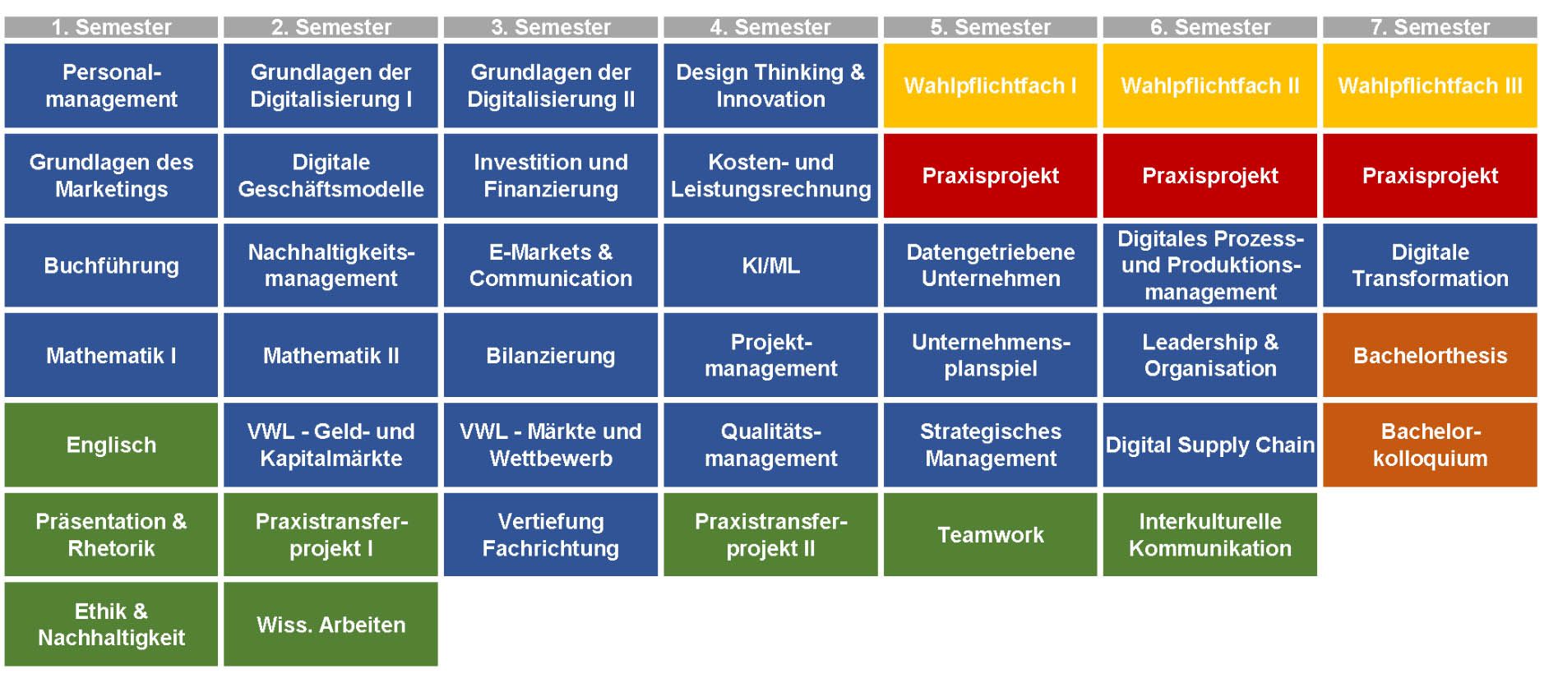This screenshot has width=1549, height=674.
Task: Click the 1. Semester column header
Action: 111,27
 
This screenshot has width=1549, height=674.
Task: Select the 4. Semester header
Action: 770,27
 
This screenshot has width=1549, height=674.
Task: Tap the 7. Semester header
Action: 1430,27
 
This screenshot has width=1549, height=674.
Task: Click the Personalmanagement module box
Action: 111,85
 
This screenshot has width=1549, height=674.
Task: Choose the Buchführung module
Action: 111,265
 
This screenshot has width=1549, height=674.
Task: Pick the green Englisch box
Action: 111,445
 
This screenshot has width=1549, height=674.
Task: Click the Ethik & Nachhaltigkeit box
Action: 111,624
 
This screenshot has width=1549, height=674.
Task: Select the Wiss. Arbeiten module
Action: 331,624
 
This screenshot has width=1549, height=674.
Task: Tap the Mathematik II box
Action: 331,355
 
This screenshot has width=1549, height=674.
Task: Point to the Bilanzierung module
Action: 551,355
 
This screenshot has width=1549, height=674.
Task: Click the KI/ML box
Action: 770,265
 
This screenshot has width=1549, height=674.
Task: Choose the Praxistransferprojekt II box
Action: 770,534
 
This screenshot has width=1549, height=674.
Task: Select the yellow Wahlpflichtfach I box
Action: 991,85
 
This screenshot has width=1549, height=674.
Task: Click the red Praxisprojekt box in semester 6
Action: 1210,175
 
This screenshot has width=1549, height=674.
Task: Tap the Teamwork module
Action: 991,534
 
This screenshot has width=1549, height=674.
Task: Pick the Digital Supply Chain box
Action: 1210,445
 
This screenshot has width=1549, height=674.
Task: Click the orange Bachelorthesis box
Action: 1430,355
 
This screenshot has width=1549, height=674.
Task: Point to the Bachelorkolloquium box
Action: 1430,445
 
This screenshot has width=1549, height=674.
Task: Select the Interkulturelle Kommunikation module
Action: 1210,534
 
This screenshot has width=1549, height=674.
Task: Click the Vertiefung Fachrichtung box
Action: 551,534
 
